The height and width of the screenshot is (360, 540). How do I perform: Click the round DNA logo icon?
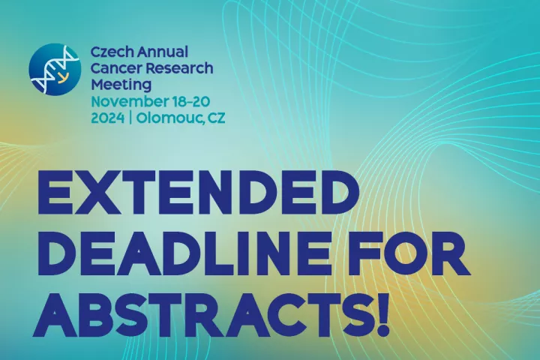click(x=55, y=69)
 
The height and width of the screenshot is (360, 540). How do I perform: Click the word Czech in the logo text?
click(x=112, y=52)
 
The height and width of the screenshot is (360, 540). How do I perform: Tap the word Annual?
click(x=163, y=52)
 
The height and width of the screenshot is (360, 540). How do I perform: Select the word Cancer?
click(x=115, y=68)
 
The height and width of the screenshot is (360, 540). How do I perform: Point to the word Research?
click(x=178, y=68)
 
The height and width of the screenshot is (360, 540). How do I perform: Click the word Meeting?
click(x=121, y=85)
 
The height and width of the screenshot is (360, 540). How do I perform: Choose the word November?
click(x=129, y=102)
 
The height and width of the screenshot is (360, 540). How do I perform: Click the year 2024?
click(x=107, y=118)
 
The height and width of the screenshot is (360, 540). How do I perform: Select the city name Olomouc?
click(x=169, y=118)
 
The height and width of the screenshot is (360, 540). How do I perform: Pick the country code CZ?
click(x=216, y=118)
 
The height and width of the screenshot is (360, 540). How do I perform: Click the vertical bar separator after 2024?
click(x=130, y=118)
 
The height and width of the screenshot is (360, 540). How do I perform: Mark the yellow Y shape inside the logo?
click(x=61, y=78)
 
